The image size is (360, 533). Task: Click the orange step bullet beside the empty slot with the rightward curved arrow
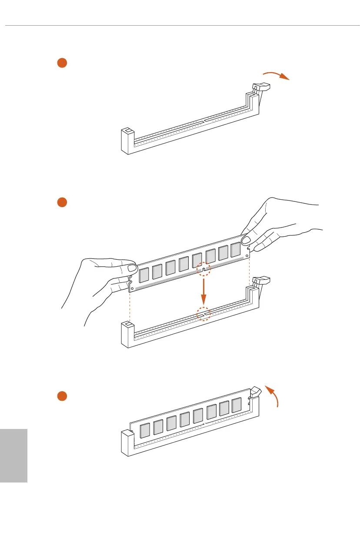(62, 63)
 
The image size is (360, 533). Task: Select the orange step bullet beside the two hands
(62, 202)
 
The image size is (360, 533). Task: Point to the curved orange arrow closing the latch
(272, 396)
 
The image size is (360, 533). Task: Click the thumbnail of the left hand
(132, 266)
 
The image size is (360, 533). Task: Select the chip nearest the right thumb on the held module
(235, 250)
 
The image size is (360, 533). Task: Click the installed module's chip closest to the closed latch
(236, 405)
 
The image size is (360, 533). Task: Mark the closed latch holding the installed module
(255, 392)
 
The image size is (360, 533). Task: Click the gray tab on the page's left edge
(13, 455)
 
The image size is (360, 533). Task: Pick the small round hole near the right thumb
(247, 256)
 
